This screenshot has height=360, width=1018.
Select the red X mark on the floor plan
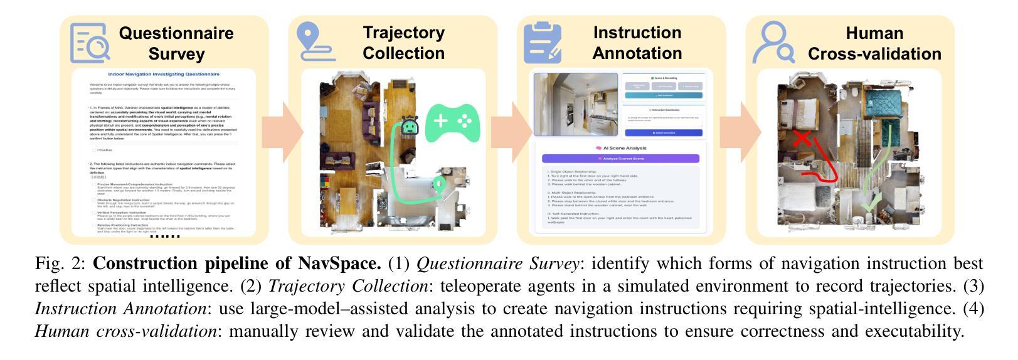coord(802,140)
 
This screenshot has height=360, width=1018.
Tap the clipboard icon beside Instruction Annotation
coord(543,43)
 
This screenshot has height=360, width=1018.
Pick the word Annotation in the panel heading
coord(637,53)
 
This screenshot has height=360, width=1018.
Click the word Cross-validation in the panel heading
coord(874,54)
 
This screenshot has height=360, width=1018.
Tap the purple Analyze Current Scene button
coord(620,159)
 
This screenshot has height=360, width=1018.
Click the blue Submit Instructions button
coord(663,133)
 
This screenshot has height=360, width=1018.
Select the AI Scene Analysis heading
coord(620,148)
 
